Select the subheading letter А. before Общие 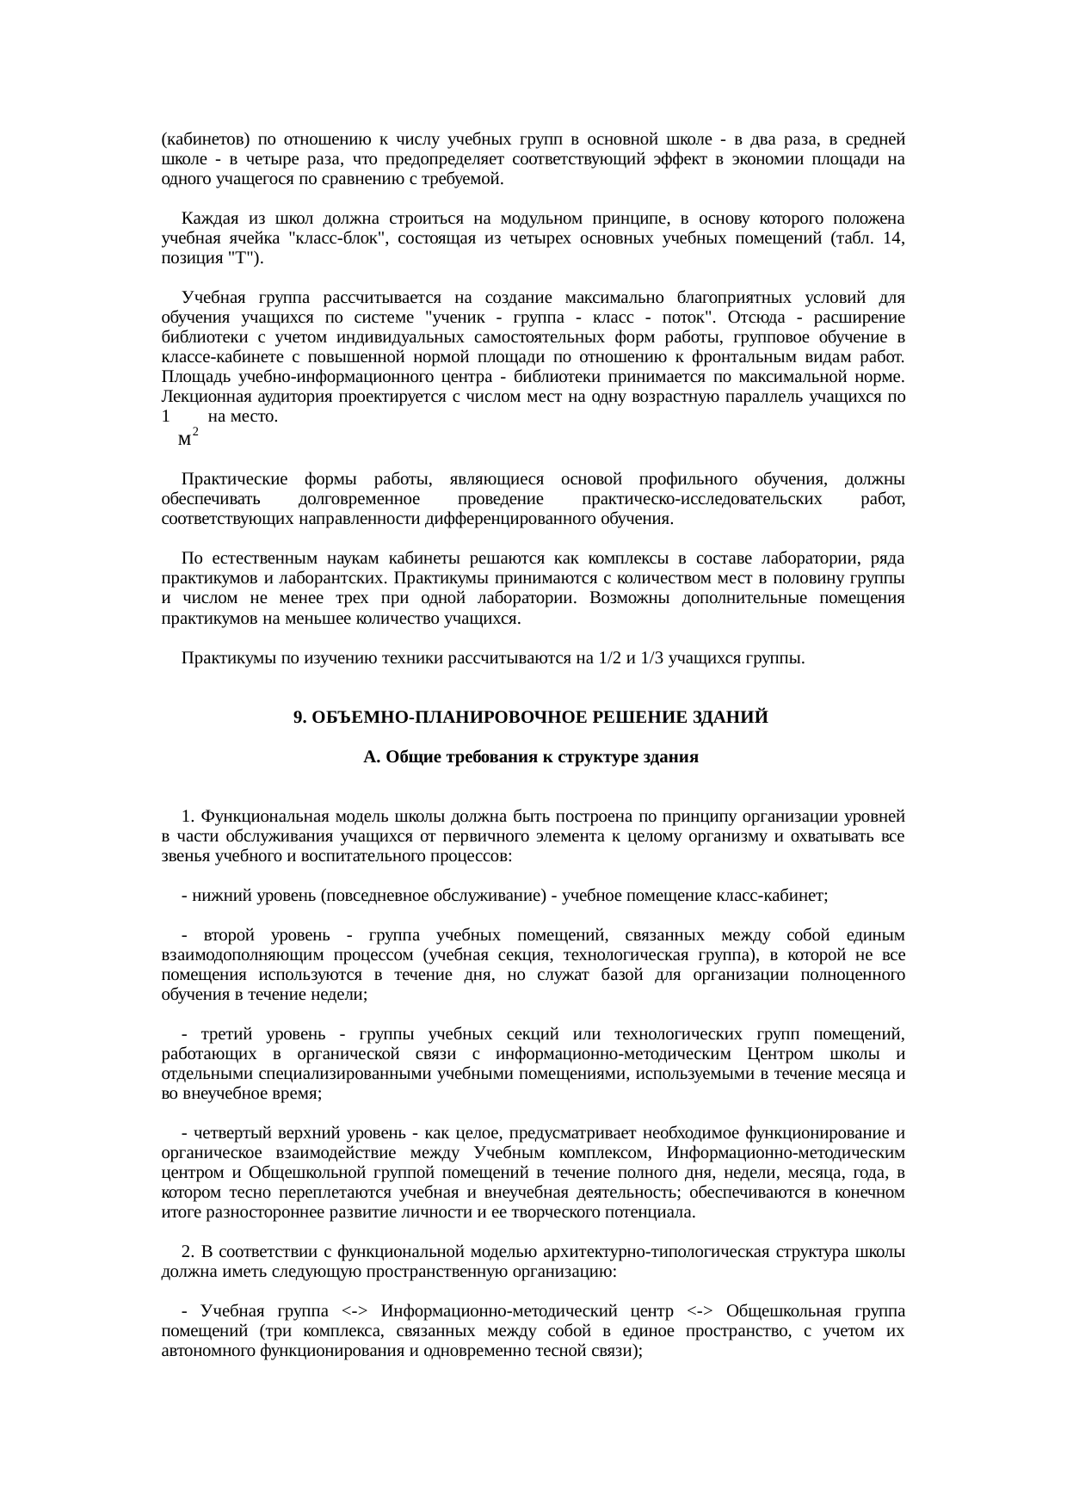372,757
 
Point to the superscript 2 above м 195,430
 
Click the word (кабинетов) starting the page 206,139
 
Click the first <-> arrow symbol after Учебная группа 355,1310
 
